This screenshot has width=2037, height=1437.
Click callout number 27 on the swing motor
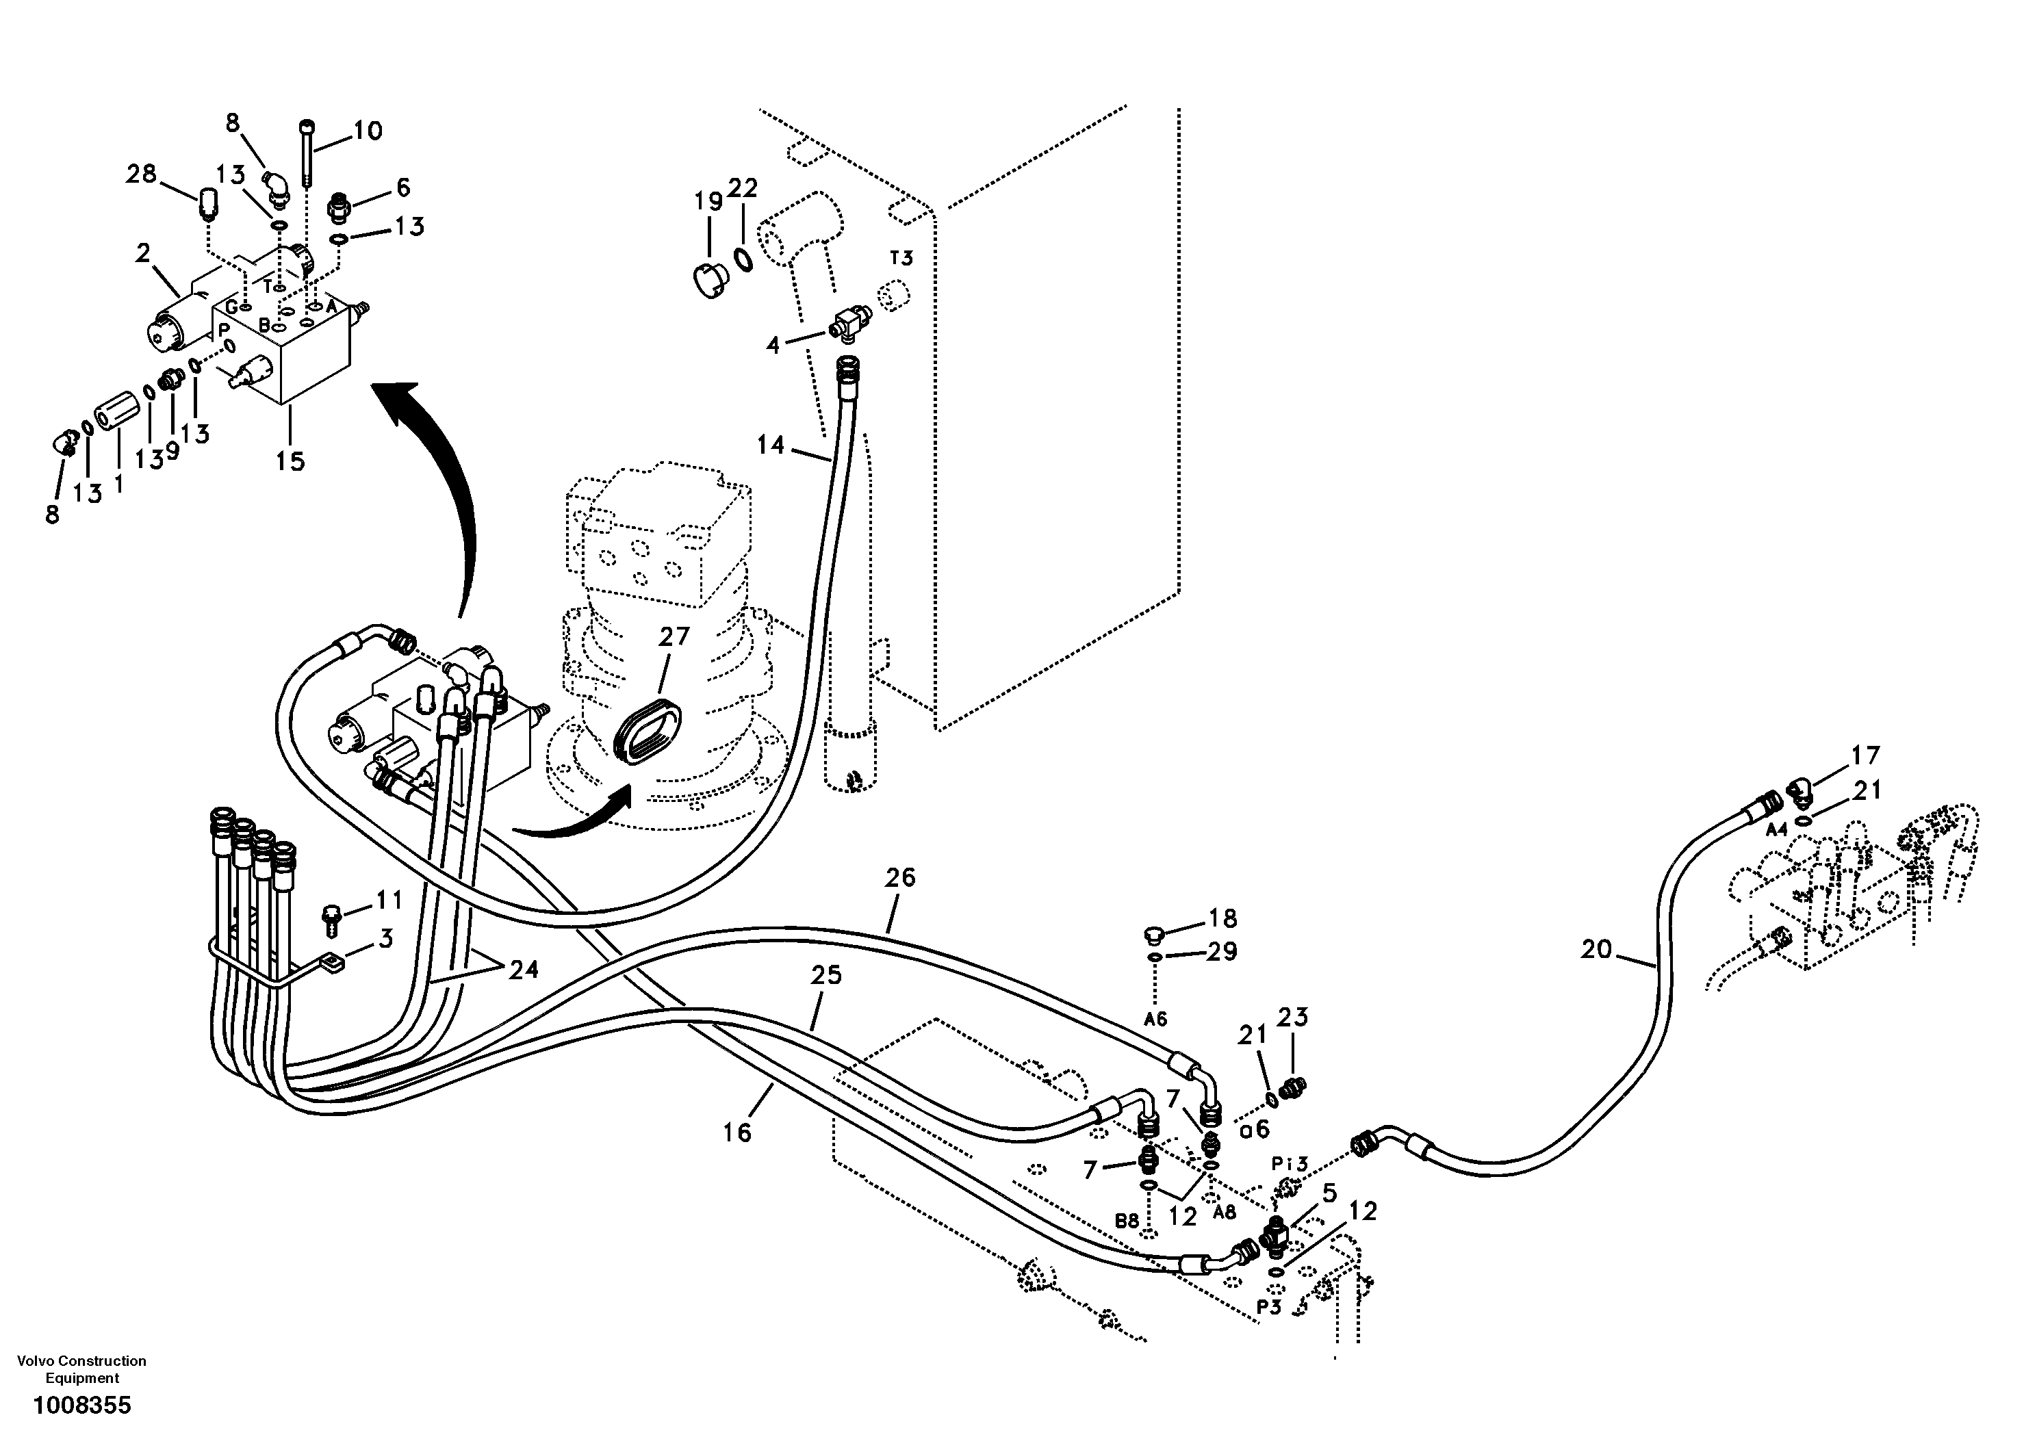pos(674,637)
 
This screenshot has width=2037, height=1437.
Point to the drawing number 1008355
pos(81,1405)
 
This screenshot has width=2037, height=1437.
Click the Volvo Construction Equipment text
pos(81,1369)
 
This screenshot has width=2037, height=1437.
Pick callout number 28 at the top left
pos(141,174)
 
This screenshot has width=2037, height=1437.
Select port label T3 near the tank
pos(901,258)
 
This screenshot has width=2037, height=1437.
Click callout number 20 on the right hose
pos(1596,949)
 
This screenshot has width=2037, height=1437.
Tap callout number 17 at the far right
pos(1865,755)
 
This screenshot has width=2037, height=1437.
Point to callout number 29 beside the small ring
pos(1222,952)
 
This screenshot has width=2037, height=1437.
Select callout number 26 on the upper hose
pos(899,877)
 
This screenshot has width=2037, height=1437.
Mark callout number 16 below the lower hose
pos(736,1132)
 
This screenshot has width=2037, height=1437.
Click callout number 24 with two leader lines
pos(524,970)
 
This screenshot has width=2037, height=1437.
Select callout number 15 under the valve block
pos(290,461)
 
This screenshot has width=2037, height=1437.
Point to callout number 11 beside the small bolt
pos(389,901)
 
